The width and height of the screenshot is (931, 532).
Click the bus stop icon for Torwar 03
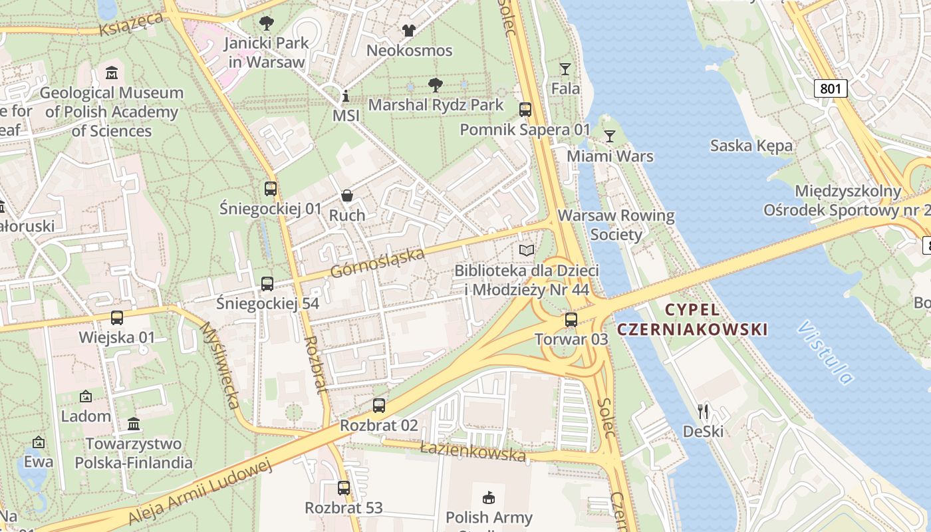tap(571, 320)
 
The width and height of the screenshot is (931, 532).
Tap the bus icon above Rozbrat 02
tap(379, 405)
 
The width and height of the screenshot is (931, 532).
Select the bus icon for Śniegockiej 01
tap(270, 189)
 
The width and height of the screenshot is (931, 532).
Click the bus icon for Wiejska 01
tap(117, 318)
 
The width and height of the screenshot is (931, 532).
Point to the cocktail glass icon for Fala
tap(565, 68)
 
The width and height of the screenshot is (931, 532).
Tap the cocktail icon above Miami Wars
tap(609, 136)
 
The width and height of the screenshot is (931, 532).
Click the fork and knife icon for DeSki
tap(703, 412)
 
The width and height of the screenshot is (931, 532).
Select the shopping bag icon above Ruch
tap(347, 196)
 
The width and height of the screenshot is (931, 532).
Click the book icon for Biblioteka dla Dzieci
tap(527, 251)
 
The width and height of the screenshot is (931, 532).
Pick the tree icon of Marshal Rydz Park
tap(436, 85)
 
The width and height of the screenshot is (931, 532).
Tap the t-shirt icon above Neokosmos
tap(409, 31)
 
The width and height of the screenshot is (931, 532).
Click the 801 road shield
tap(831, 88)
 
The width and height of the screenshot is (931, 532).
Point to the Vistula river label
tap(825, 353)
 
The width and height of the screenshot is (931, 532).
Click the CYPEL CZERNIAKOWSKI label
tap(692, 319)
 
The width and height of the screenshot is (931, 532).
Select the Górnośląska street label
tap(377, 263)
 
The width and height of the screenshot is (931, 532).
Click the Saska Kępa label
tap(751, 146)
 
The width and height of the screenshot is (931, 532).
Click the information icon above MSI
tap(345, 96)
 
